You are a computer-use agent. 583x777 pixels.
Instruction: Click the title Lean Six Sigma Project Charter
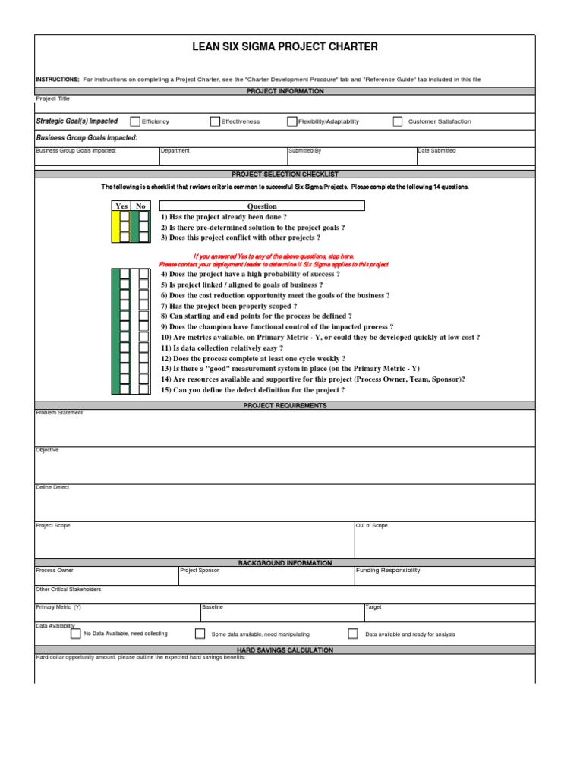tap(285, 47)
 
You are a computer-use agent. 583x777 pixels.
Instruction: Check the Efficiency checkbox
tap(135, 121)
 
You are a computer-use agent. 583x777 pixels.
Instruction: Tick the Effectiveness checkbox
tap(215, 121)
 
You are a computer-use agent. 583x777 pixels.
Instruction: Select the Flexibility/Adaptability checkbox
tap(291, 121)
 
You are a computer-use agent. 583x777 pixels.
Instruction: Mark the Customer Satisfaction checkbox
tap(398, 121)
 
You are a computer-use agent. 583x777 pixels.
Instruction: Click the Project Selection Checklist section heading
tap(285, 174)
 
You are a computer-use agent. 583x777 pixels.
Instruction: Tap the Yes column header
tap(121, 206)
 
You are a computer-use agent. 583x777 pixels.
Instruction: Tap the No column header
tap(140, 206)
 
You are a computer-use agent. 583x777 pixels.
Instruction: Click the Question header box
tap(262, 206)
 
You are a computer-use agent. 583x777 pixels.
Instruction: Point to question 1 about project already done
tap(223, 217)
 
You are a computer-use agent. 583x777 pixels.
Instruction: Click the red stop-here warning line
tap(273, 256)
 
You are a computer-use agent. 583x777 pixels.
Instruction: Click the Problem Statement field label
tap(60, 413)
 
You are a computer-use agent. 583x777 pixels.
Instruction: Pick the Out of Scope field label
tap(371, 525)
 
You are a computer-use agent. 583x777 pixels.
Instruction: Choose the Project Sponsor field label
tap(199, 571)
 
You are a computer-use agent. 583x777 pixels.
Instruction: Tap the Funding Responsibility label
tap(387, 571)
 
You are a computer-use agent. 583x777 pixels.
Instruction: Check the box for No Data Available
tap(75, 634)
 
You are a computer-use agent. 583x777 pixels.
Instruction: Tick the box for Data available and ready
tap(353, 634)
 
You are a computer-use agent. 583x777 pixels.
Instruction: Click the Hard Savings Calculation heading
tap(285, 650)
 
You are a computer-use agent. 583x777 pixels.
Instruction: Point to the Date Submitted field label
tap(437, 151)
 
